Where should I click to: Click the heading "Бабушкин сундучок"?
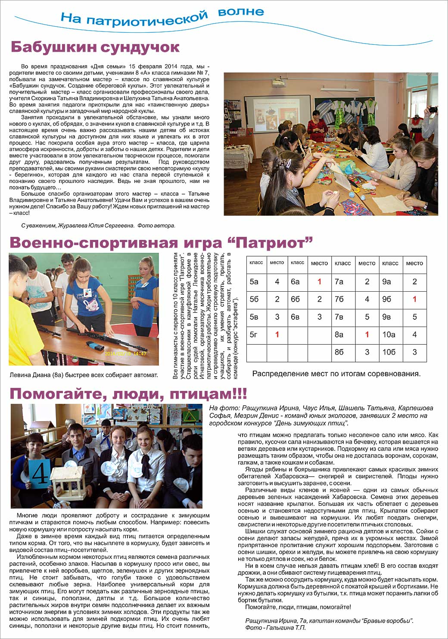pyautogui.click(x=95, y=47)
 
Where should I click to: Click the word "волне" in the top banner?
pyautogui.click(x=241, y=12)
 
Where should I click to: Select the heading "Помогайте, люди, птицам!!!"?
pyautogui.click(x=128, y=393)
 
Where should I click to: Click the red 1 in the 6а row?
pyautogui.click(x=319, y=282)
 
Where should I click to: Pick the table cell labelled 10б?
pyautogui.click(x=389, y=352)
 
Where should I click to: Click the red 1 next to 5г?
pyautogui.click(x=277, y=334)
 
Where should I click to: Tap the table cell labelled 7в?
pyautogui.click(x=339, y=317)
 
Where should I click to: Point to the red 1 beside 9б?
pyautogui.click(x=414, y=299)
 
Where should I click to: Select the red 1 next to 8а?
pyautogui.click(x=367, y=334)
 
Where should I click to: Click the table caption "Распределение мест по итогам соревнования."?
pyautogui.click(x=336, y=374)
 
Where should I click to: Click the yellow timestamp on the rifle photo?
pyautogui.click(x=126, y=353)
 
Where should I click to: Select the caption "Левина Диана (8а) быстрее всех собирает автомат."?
pyautogui.click(x=84, y=375)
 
